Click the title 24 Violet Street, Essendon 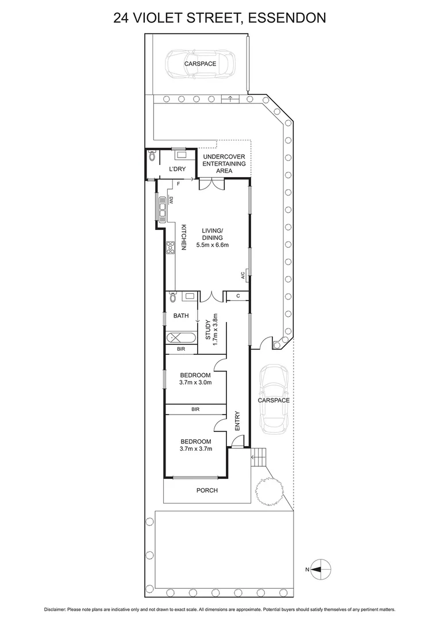coord(219,18)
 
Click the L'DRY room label coord(176,168)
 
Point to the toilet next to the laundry coord(152,156)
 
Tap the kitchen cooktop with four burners coord(170,247)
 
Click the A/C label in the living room coord(243,275)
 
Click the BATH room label coord(181,315)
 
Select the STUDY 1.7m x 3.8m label coord(211,329)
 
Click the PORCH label coord(207,490)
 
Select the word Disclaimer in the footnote coord(56,609)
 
